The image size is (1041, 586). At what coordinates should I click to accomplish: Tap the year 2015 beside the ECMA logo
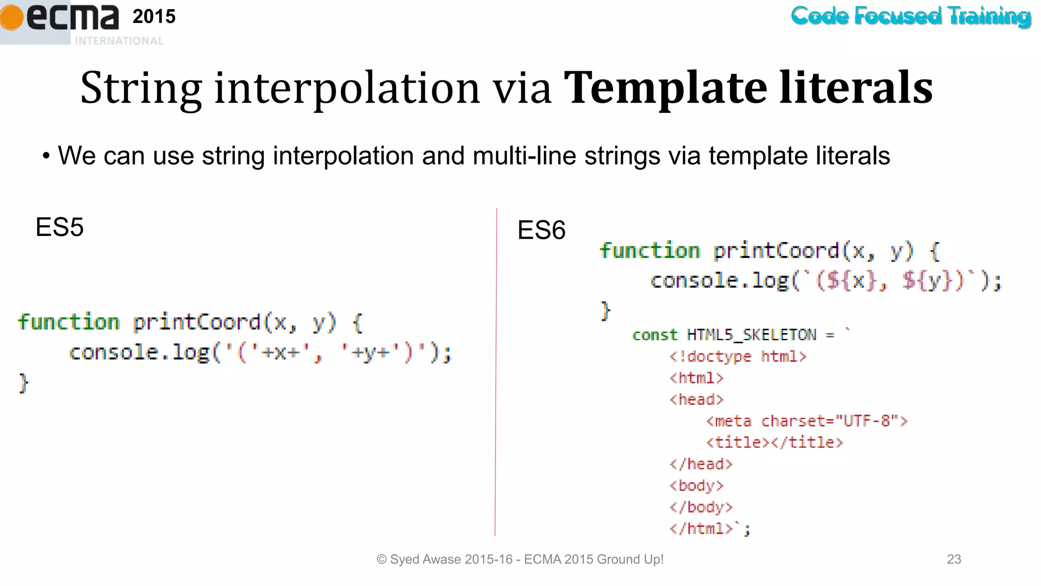(154, 17)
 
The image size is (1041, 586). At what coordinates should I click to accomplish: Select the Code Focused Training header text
(910, 16)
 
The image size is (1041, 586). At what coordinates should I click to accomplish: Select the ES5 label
(59, 227)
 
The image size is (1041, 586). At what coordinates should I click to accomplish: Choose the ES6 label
(541, 230)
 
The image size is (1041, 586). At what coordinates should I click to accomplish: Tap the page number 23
(954, 559)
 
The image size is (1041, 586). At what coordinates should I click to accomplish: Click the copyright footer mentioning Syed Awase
(519, 559)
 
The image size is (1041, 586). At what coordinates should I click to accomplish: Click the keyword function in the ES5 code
(69, 322)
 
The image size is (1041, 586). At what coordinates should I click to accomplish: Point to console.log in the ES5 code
(139, 352)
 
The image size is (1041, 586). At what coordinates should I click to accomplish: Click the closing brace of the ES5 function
(23, 383)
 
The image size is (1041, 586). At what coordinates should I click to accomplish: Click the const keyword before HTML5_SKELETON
(655, 335)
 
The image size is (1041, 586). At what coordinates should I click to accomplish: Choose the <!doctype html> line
(738, 356)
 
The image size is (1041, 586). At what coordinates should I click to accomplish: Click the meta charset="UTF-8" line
(807, 421)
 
